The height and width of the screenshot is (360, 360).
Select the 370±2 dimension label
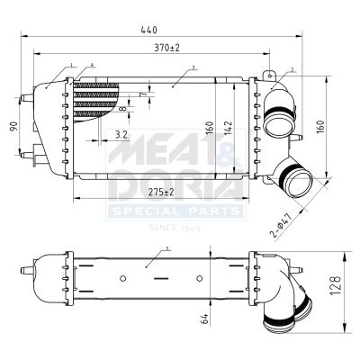click(168, 47)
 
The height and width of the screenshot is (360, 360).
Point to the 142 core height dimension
click(229, 128)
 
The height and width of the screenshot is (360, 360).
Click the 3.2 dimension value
click(121, 135)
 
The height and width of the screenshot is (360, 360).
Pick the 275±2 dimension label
click(162, 192)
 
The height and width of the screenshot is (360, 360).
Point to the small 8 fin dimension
click(123, 110)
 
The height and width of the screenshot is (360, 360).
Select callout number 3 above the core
click(193, 67)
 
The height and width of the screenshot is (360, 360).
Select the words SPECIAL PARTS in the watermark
click(175, 211)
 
